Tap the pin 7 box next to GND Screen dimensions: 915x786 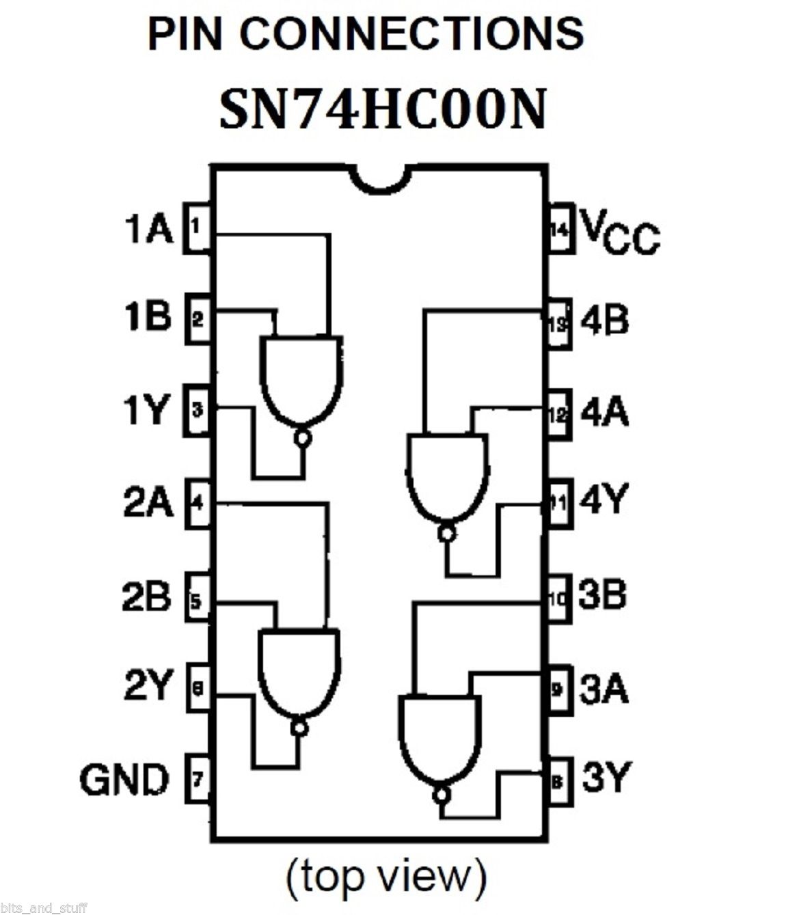point(198,779)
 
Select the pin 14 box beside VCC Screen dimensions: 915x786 point(560,228)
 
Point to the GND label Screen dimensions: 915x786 point(124,779)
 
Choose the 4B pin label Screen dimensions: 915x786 point(604,320)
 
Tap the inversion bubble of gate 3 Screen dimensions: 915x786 point(442,795)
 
